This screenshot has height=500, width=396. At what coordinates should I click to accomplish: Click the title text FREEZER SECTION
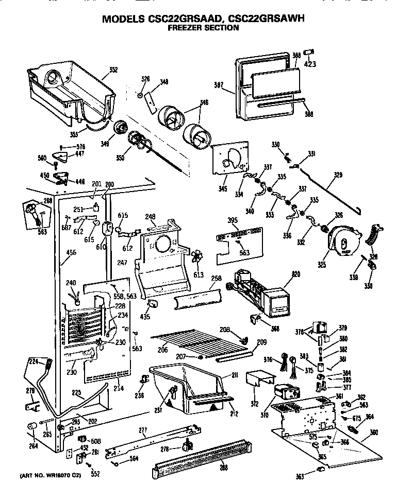[x=204, y=28]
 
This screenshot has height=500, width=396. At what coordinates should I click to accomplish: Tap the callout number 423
[x=309, y=64]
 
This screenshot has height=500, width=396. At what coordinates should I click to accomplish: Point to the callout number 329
[x=337, y=176]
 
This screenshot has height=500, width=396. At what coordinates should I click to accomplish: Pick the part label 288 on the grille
[x=223, y=468]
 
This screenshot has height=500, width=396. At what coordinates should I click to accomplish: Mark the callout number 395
[x=234, y=220]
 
